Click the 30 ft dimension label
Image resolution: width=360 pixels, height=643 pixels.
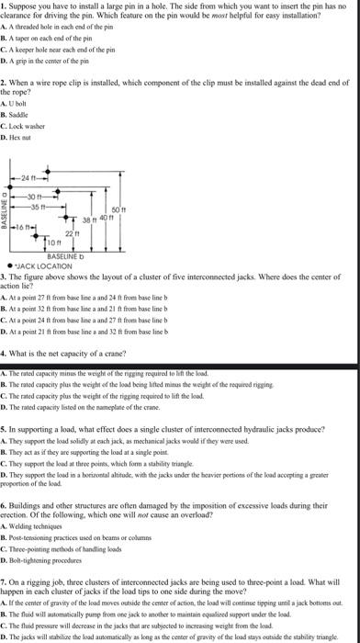tap(34, 192)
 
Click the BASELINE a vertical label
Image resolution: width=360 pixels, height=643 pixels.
tap(5, 211)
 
